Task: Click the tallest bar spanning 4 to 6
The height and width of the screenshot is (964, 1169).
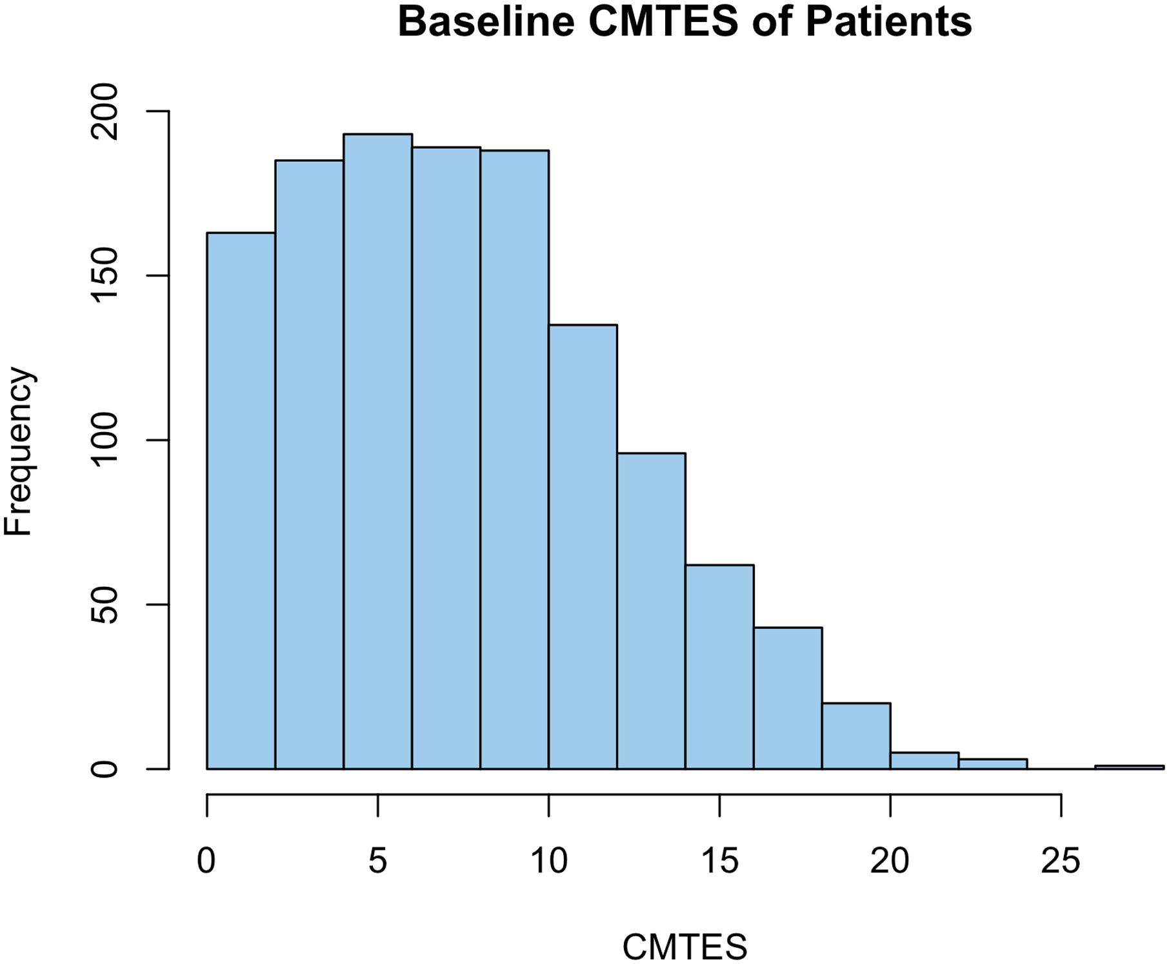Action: pos(377,451)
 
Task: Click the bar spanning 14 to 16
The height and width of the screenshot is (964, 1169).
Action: pos(719,667)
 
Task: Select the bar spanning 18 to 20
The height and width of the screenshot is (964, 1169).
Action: pos(856,736)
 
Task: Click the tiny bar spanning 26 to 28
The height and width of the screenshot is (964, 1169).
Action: pos(1129,767)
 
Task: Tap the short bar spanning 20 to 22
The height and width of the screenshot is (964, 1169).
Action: pos(924,760)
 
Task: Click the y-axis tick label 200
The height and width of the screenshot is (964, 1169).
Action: pos(105,112)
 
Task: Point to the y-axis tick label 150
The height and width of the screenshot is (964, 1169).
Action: pos(105,276)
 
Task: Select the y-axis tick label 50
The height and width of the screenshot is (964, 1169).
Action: pos(105,605)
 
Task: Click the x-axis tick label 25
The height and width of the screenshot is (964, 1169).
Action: pos(1061,861)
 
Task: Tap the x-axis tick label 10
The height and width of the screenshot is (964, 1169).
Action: pos(548,861)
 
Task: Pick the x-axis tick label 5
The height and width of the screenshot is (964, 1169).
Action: pos(377,861)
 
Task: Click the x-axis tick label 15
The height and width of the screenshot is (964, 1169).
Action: pos(719,861)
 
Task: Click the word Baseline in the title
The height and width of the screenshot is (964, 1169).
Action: pos(486,22)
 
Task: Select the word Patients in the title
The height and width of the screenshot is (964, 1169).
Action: pos(888,22)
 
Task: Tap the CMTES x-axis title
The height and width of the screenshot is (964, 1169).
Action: pos(684,947)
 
